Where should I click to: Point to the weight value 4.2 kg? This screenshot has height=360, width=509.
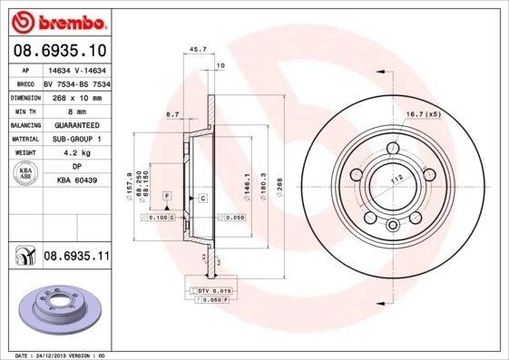click(x=77, y=153)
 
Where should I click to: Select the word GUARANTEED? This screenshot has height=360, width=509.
click(x=76, y=125)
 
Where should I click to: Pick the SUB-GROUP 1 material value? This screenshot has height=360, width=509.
click(x=77, y=139)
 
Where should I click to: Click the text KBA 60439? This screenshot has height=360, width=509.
click(x=77, y=181)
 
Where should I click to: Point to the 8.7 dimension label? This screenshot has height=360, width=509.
click(x=172, y=113)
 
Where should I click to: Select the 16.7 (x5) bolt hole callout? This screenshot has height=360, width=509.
click(x=422, y=114)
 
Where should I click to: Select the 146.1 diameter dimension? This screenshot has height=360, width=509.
click(x=249, y=186)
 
